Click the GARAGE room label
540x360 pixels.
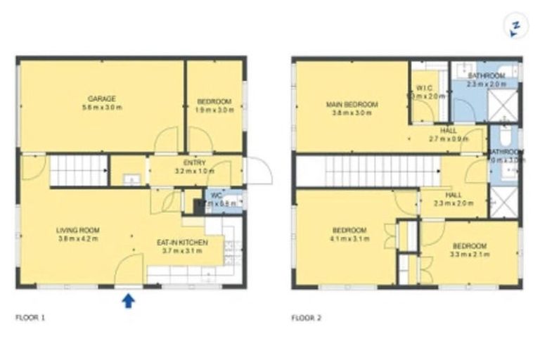101,98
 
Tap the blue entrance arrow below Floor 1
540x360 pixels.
128,301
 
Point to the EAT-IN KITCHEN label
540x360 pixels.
181,242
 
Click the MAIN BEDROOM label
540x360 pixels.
352,105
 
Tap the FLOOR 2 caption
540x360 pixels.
307,318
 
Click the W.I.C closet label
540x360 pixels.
416,88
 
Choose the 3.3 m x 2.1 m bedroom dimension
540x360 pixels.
469,254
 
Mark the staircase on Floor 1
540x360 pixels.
79,171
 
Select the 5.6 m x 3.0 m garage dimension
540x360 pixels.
101,108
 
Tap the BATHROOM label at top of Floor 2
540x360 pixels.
486,75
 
